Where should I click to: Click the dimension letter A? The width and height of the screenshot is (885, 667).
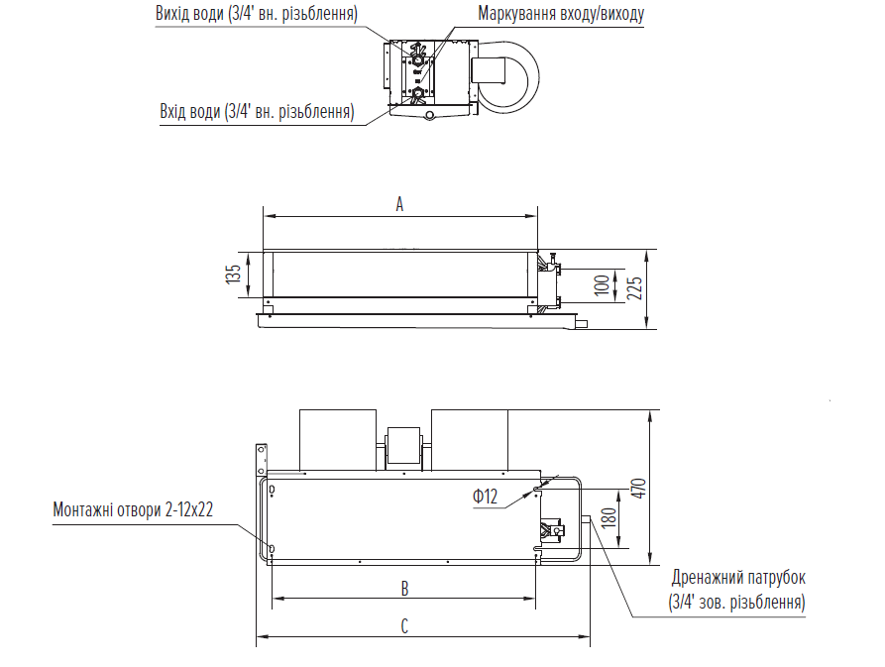point(399,204)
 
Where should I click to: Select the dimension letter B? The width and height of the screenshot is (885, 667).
point(404,589)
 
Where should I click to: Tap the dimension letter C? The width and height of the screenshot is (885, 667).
point(404,626)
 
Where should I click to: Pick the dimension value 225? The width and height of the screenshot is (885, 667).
point(635,287)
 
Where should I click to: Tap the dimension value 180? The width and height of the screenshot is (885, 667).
point(608,517)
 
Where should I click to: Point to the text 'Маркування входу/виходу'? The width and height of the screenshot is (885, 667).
point(560,15)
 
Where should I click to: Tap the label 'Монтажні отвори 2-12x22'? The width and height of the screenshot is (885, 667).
point(133,509)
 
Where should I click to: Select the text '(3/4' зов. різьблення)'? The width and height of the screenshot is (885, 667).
point(738,602)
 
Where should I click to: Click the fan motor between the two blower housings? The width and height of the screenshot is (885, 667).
point(404,445)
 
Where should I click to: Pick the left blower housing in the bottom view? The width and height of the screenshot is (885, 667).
point(339,440)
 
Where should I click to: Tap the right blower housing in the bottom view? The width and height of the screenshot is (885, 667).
point(470,440)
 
